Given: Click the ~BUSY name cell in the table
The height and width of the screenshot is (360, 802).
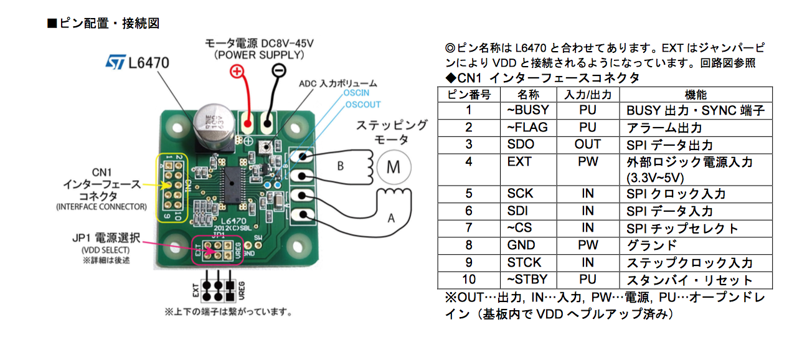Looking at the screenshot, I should pos(528,110).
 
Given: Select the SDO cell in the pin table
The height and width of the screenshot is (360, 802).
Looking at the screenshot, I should pos(521,144).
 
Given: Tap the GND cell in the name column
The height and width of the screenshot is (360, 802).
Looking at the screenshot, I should pos(521,245).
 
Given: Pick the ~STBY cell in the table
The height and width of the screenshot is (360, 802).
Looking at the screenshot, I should pos(528,280).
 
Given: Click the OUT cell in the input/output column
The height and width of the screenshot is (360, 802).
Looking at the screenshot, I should pos(587,144).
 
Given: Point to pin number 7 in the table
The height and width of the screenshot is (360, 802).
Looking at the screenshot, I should pos(469,228).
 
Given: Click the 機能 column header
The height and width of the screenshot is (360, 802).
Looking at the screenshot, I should pos(696,95).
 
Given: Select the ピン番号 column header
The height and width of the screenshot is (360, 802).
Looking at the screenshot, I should pos(469,95).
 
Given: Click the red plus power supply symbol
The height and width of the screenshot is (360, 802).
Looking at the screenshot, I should pos(237,72).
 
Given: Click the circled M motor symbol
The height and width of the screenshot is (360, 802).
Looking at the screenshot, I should pos(394,166).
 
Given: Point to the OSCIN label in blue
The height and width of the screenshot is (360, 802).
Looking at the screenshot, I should pos(357,93).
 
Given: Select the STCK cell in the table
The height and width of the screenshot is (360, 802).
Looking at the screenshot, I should pos(524,263).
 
